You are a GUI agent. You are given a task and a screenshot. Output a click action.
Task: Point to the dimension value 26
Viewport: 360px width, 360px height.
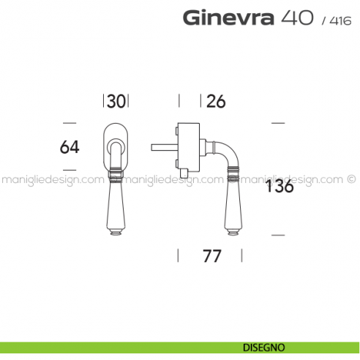tap(215, 102)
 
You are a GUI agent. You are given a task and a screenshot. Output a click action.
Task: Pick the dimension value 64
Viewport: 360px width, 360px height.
tap(70, 146)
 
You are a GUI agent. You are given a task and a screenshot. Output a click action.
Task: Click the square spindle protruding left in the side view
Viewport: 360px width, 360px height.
tap(163, 146)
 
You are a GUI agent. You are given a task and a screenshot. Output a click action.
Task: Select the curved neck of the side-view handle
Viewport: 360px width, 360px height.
tap(226, 152)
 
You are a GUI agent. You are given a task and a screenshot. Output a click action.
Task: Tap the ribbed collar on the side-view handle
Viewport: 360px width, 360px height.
tap(233, 174)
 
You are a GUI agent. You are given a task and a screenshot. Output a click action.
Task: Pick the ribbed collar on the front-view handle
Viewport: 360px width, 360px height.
tap(116, 174)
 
